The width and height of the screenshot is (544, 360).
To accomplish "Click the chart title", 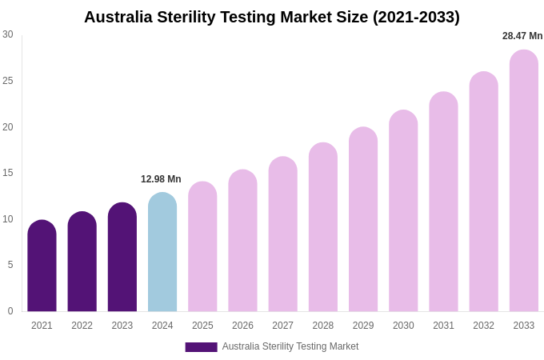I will pos(272,17).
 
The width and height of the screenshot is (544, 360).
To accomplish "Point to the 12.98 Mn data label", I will pos(161,179).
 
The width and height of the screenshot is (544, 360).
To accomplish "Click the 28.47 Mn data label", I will pos(522,36).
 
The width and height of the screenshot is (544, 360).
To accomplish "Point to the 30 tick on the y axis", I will pos(8,34).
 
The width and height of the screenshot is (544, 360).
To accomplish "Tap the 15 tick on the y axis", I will pos(8,173).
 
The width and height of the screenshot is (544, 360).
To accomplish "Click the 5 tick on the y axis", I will pos(10,265).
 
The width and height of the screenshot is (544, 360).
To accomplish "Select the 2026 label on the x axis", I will pos(242,326).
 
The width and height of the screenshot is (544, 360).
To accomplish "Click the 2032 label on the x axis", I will pos(483,326).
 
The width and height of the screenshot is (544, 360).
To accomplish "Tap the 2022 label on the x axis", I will pos(82,326).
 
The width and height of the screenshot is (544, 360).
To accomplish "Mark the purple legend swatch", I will pos(201,347).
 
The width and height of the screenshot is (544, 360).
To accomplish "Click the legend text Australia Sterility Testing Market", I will pos(290,346).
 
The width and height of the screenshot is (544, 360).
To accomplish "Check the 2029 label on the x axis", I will pos(363,326).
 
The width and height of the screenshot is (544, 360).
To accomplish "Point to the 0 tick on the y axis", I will pos(10,311).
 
